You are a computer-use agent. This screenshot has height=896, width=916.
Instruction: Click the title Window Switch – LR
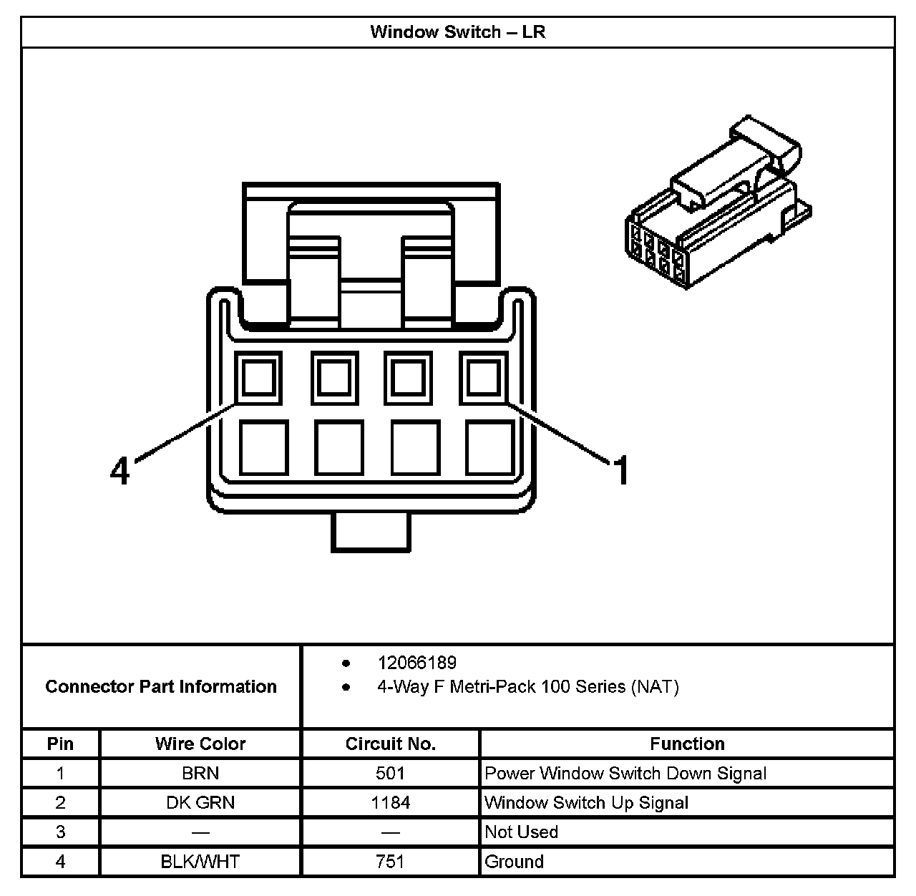pos(458,32)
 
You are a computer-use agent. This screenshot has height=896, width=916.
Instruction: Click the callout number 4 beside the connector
pos(120,471)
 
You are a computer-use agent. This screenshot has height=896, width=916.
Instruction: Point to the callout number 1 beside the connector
pos(621,471)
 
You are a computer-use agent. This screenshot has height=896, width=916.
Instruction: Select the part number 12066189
pos(416,663)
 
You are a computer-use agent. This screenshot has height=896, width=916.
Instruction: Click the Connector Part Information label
pos(161,687)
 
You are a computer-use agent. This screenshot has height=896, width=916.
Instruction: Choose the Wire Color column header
pos(200,744)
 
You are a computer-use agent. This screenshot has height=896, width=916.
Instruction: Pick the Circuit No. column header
pos(390,744)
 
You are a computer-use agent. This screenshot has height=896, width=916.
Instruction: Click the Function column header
pos(687,744)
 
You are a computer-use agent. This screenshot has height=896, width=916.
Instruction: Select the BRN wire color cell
pos(200,774)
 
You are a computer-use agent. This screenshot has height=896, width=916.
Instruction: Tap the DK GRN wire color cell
pos(200,803)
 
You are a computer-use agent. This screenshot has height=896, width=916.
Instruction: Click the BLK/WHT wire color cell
pos(200,862)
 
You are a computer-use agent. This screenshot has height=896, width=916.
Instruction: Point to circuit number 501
pos(390,774)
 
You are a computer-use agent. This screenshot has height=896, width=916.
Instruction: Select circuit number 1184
pos(390,803)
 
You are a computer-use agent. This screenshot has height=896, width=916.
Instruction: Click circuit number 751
pos(390,862)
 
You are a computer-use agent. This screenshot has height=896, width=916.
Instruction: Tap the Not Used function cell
pos(521,832)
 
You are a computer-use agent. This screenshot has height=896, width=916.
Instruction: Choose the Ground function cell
pos(514,862)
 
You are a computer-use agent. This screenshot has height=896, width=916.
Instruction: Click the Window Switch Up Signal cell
pos(586,803)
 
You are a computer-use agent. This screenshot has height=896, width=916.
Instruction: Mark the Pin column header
pos(60,744)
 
